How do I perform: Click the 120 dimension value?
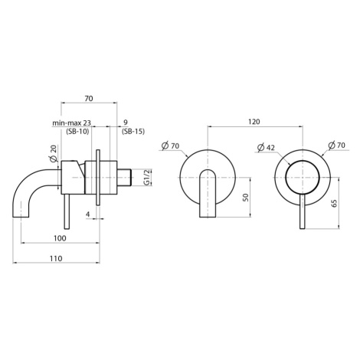point(254,121)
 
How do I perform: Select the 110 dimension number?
point(56,258)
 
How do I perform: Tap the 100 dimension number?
point(60,238)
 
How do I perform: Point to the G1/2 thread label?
point(146,177)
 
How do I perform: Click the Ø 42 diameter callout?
point(266,147)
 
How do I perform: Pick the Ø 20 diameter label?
point(54,154)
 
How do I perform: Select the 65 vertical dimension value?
point(334,203)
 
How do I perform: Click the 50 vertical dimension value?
point(246,197)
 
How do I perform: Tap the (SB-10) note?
point(77,132)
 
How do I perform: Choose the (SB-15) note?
point(133,132)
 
